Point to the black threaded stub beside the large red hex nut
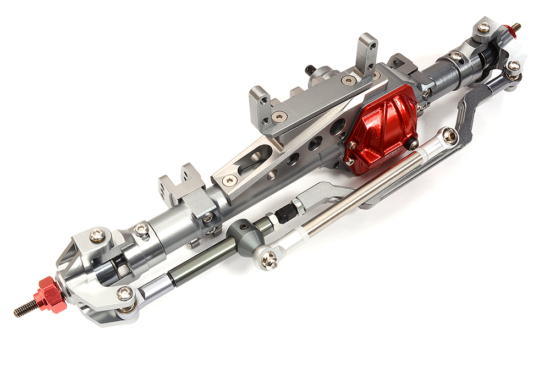pos(25,310)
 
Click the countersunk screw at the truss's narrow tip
pos(228,179)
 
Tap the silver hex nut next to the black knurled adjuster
pos(298,206)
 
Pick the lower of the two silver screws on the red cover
pos(349,162)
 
